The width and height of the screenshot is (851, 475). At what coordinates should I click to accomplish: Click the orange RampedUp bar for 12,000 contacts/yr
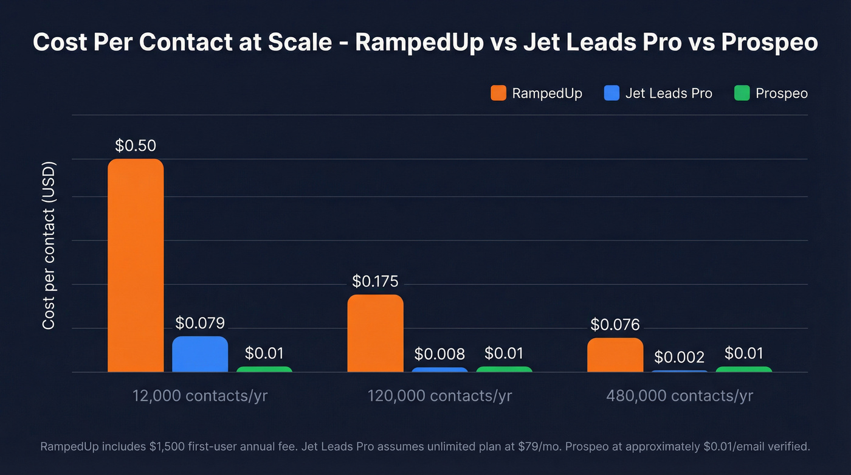point(136,265)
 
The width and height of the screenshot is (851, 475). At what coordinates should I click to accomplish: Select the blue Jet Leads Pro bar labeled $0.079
point(200,354)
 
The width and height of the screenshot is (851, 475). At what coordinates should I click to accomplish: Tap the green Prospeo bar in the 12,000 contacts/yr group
point(264,369)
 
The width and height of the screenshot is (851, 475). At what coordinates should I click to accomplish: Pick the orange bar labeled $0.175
point(375,333)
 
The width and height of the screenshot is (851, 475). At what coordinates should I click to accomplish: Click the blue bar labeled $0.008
point(439,370)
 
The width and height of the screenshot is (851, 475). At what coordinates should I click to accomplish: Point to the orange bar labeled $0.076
point(615,355)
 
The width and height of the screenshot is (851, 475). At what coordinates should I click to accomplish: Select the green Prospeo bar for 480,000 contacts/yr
point(744,369)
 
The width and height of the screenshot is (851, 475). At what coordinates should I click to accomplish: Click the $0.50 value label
point(136,146)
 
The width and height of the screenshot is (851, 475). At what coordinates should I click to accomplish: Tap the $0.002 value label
point(680,357)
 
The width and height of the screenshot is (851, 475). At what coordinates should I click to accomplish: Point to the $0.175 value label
point(375,282)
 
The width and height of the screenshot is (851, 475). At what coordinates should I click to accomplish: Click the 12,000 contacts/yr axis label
point(200,396)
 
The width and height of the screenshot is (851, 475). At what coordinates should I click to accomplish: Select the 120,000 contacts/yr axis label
point(439,396)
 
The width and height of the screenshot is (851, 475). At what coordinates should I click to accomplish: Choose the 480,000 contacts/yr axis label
point(680,396)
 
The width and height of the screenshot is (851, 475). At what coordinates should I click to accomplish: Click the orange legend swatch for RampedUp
point(498,93)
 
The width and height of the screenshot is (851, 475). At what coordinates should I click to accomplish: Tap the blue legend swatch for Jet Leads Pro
point(612,93)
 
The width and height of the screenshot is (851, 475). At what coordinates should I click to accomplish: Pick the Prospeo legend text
point(782,93)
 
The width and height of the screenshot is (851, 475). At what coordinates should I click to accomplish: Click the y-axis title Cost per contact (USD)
point(49,246)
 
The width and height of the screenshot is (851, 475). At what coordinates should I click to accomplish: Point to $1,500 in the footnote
point(166,447)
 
